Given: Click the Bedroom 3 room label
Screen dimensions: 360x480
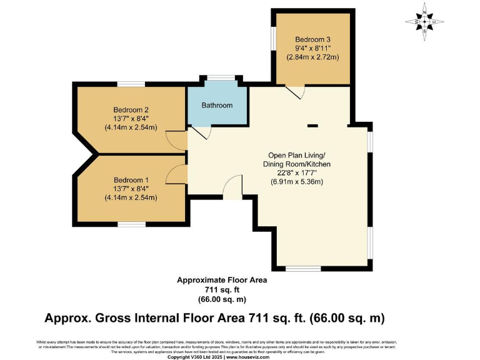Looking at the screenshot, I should click(312, 39).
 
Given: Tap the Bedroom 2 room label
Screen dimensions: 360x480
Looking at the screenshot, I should click(131, 109).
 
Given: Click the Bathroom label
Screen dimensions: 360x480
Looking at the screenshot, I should click(217, 105).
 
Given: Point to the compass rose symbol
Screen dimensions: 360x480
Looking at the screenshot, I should click(425, 22).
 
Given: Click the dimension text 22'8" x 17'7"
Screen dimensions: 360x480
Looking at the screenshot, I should click(296, 173).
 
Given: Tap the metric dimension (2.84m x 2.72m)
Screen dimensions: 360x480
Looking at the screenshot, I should click(312, 57).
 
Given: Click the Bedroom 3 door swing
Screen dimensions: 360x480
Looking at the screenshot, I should click(295, 92).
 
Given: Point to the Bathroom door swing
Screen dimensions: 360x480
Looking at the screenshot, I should click(201, 133).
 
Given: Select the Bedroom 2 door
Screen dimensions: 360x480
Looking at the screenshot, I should click(179, 140).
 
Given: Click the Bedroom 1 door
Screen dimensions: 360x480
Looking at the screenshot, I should click(179, 175).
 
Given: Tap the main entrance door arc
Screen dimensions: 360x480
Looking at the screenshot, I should click(232, 186).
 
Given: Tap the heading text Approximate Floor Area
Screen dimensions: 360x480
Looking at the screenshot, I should click(222, 281).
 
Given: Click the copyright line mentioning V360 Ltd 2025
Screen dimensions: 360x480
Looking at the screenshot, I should click(240, 356).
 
